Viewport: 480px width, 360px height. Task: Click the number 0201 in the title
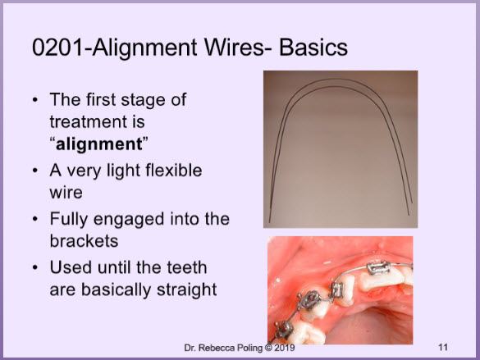57,48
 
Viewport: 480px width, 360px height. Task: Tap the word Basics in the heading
313,48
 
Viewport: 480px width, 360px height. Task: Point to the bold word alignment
99,144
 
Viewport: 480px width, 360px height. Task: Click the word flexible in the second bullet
174,170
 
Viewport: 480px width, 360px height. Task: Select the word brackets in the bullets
84,241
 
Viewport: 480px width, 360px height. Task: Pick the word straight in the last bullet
187,290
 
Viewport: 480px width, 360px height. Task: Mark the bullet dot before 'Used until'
35,267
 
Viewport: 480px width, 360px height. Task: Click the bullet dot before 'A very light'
35,171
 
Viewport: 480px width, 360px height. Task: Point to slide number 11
443,347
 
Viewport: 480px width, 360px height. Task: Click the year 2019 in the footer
285,348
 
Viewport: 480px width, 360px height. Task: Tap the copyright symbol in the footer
268,348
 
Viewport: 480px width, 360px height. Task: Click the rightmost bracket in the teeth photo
378,267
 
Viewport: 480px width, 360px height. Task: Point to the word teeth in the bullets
187,267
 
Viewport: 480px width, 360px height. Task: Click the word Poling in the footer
248,348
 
